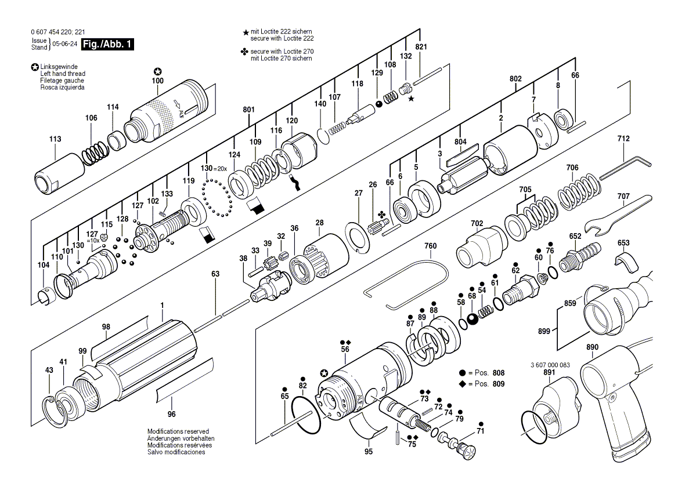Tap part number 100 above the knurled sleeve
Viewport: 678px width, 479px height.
click(157, 81)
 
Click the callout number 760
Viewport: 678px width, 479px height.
click(430, 246)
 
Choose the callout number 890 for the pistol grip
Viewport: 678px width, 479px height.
click(592, 347)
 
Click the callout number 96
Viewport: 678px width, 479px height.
click(171, 414)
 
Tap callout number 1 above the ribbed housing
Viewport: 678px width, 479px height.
click(162, 305)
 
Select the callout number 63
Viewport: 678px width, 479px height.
click(215, 274)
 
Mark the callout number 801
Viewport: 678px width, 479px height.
click(249, 110)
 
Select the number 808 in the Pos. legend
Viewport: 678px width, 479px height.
click(499, 372)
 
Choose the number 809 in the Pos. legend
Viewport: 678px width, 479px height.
click(499, 384)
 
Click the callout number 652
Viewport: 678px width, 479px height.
click(575, 236)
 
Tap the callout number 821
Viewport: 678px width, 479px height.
click(421, 46)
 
